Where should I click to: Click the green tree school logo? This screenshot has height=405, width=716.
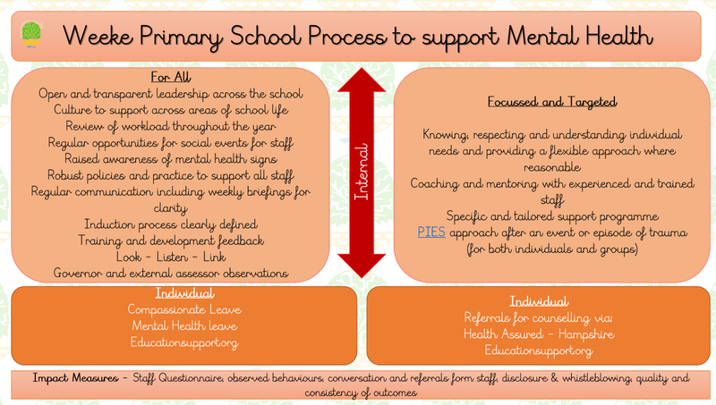click(31, 34)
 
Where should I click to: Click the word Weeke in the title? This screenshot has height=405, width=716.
click(98, 36)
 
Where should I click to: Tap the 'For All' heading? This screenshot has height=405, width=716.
click(171, 77)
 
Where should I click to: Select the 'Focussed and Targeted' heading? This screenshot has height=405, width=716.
click(552, 102)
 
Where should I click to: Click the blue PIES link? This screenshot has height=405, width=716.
click(431, 232)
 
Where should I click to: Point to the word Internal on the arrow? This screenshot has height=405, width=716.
click(362, 172)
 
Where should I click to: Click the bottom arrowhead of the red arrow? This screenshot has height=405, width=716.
click(362, 266)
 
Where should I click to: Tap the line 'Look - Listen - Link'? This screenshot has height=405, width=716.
click(171, 257)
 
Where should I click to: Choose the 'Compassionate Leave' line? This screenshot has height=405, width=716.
click(184, 309)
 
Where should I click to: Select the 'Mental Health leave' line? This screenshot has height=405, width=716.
click(184, 325)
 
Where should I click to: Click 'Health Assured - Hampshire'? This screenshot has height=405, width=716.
click(539, 333)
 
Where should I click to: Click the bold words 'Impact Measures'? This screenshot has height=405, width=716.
click(75, 378)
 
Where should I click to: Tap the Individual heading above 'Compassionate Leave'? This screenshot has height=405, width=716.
click(184, 293)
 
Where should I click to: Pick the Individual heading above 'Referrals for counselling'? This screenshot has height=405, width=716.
click(539, 301)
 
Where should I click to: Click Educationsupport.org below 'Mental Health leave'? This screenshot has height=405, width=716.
click(184, 342)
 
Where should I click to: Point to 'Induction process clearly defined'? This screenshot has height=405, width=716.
click(171, 224)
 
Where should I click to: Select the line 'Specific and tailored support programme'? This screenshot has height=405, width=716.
click(552, 216)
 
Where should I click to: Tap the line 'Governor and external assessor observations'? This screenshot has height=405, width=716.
click(171, 274)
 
